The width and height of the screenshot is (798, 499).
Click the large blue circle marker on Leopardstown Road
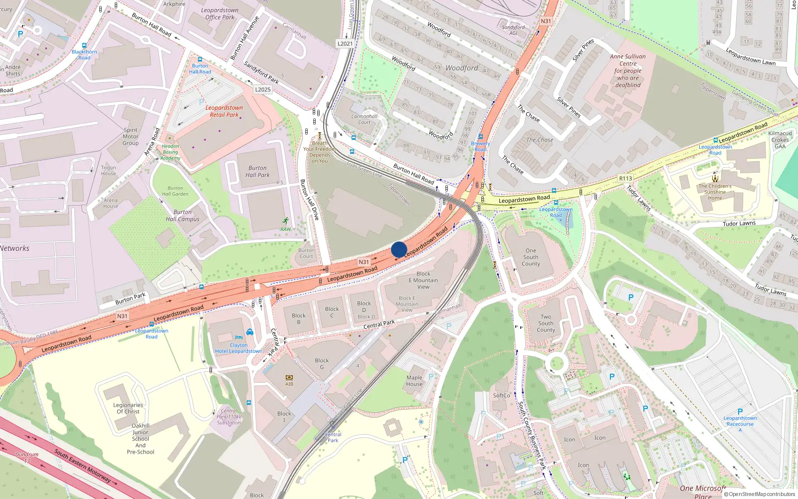coord(399,249)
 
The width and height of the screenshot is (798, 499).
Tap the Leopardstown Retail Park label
coord(224,111)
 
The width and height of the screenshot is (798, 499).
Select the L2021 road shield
coord(345,43)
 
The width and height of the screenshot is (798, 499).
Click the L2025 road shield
coord(263,90)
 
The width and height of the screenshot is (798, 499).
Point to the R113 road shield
coord(625,178)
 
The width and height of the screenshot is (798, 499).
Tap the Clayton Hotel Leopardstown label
coord(238,348)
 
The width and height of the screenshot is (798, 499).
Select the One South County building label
coord(531,257)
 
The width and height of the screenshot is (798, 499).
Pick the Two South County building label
coord(546,323)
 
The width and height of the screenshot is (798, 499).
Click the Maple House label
coord(414,381)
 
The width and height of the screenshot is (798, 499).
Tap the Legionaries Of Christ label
coord(128,408)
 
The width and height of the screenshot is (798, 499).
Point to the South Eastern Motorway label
coord(83,466)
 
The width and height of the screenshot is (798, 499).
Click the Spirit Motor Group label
coord(131,136)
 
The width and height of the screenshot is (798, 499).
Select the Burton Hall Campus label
coord(183,216)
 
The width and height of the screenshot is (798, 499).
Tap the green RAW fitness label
coord(285,229)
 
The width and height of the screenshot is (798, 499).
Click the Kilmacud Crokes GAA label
coord(780,140)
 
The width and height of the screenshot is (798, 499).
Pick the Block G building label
coord(322,363)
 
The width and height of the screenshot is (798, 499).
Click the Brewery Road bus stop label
coord(480,146)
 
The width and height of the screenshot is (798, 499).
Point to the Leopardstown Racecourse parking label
coord(740,421)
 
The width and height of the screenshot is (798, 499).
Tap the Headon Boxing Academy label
coord(170,152)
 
